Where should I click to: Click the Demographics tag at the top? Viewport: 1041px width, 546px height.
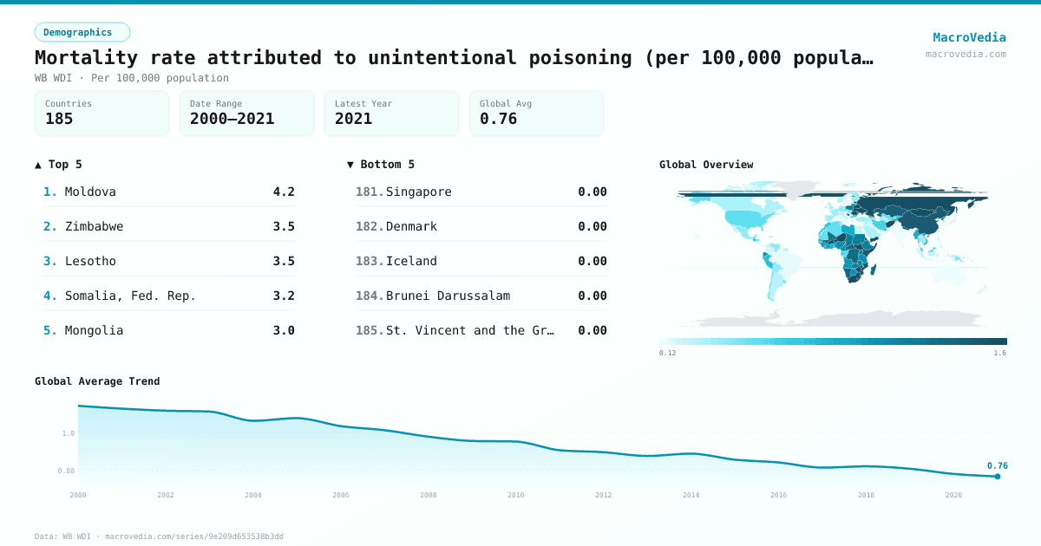[82, 32]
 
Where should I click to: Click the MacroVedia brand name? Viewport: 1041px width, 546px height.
[969, 37]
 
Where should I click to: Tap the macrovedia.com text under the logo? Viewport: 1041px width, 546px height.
[966, 54]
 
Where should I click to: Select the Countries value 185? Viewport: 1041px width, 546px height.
[59, 119]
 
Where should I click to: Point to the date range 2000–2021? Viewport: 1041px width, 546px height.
[232, 119]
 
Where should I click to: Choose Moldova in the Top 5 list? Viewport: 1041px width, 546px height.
[90, 192]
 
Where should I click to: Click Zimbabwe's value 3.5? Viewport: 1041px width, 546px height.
[284, 226]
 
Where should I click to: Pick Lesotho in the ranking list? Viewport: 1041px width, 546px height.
[90, 261]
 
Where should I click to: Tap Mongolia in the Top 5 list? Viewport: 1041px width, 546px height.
[94, 330]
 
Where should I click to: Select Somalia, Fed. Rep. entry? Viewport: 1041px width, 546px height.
[130, 296]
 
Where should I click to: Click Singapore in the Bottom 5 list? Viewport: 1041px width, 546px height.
[418, 192]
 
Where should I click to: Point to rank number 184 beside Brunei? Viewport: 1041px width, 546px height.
[369, 296]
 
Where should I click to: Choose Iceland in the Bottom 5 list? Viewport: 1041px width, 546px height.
[411, 261]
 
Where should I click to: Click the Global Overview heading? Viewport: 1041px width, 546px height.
[706, 165]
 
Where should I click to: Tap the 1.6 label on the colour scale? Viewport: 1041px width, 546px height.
[999, 353]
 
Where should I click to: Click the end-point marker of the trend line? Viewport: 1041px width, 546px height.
[998, 477]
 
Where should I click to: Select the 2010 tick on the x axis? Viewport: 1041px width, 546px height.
[516, 495]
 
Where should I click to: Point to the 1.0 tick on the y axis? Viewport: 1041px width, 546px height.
[68, 433]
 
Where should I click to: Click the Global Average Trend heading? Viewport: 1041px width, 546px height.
[97, 381]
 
